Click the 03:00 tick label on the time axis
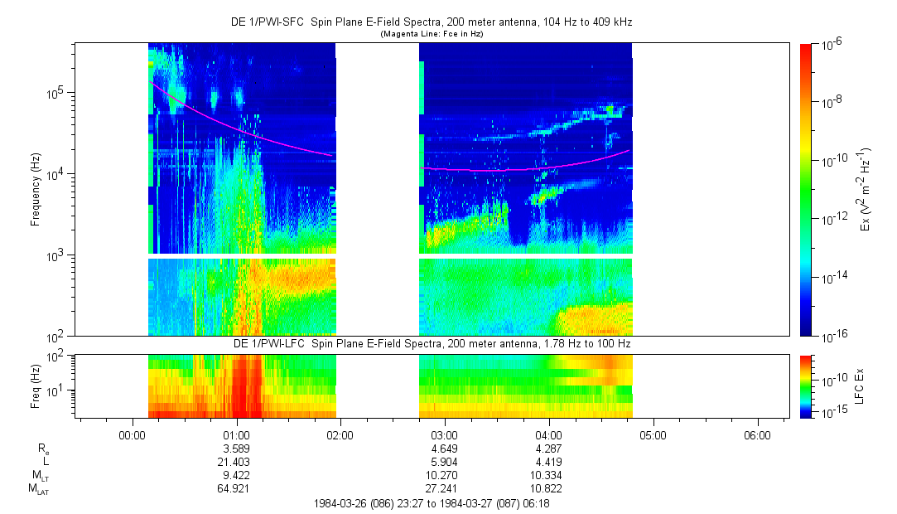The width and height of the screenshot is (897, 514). [445, 434]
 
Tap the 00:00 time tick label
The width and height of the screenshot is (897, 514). [133, 434]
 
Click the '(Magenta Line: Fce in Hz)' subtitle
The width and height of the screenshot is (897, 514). [432, 34]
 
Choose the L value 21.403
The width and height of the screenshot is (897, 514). [237, 462]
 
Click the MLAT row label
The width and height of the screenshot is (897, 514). [38, 489]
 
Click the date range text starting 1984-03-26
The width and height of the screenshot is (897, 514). [432, 503]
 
